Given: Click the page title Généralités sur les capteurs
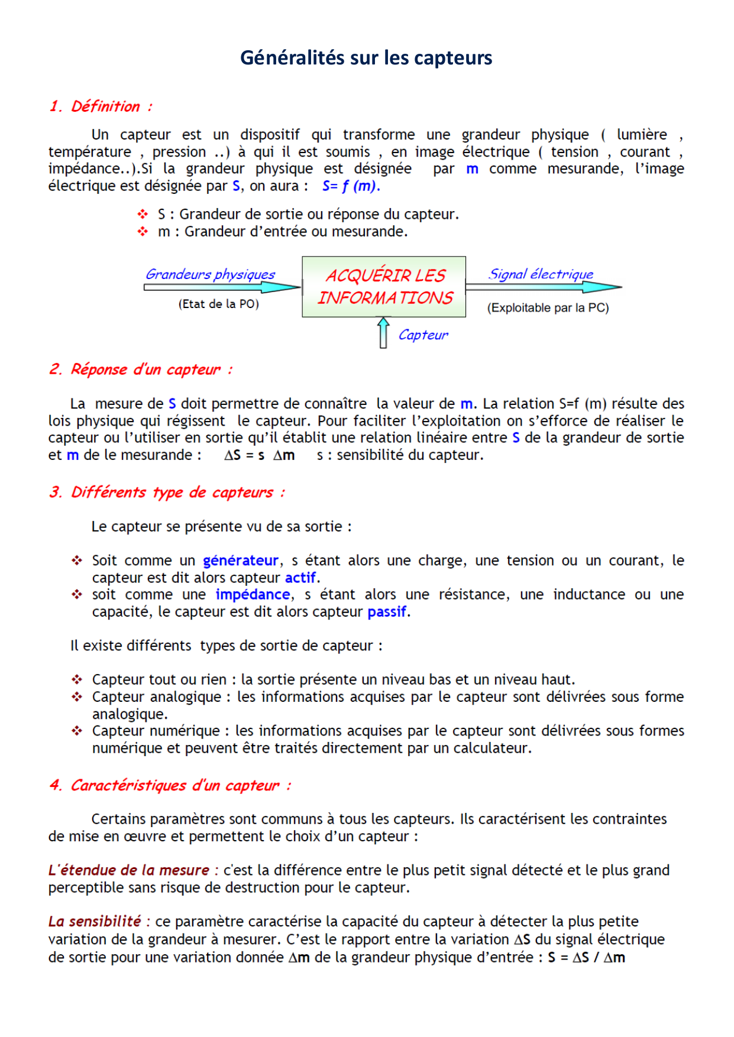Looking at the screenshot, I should (x=366, y=58).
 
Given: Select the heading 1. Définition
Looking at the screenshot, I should (x=101, y=106).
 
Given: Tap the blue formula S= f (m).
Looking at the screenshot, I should (x=351, y=186).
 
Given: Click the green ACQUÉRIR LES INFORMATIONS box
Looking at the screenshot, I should (x=384, y=287).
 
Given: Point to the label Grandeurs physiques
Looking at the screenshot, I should (x=211, y=274).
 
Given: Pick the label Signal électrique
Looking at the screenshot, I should (x=541, y=274).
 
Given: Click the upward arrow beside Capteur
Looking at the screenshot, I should (x=383, y=333).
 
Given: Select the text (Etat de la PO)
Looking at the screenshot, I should (x=219, y=304).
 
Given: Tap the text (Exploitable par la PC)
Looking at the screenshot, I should (x=548, y=308).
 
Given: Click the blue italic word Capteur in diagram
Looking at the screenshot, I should (x=423, y=335).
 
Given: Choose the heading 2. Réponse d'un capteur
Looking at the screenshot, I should (x=141, y=370).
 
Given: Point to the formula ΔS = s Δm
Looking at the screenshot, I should (x=259, y=455).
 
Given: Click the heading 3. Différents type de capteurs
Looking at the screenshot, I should (x=167, y=492).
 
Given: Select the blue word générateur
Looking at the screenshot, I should (x=241, y=560).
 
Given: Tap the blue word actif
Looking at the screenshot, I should (x=300, y=578).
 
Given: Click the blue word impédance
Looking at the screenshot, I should (x=253, y=594).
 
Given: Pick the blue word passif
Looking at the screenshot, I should (x=387, y=611).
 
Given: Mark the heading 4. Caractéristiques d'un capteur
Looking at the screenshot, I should (x=170, y=785).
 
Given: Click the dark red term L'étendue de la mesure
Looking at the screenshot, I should (x=129, y=870).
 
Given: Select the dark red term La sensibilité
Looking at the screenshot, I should (x=95, y=922).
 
